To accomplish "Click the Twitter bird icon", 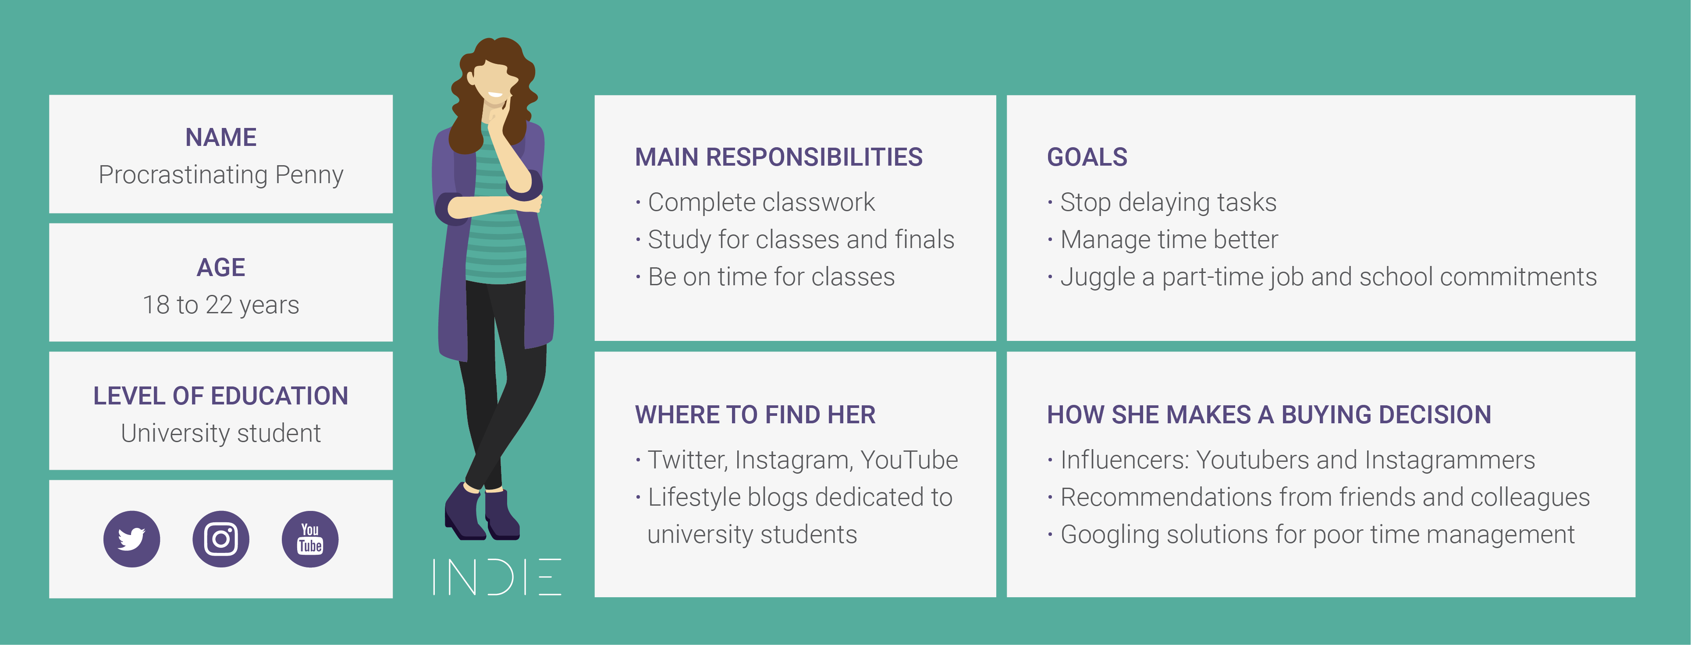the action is tap(132, 539).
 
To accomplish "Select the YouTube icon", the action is tap(310, 539).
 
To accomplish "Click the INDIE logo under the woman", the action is tap(496, 577).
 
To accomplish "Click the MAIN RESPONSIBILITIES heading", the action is tap(778, 157).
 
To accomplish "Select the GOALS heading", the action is tap(1087, 157).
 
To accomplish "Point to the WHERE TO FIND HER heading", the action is tap(755, 415).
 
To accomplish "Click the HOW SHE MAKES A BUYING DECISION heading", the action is tap(1269, 415).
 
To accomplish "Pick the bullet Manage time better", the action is tap(1163, 240).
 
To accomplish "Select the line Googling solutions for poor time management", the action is tap(1311, 535).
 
